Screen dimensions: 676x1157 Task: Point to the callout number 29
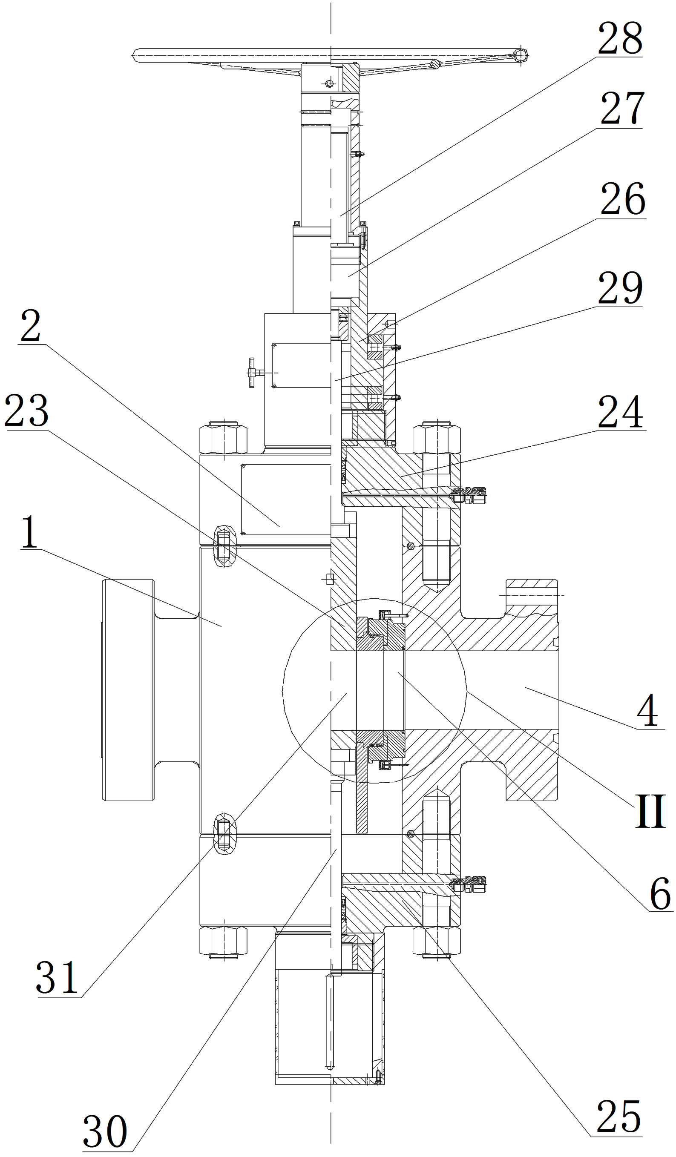pyautogui.click(x=620, y=288)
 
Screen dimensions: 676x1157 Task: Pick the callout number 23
pyautogui.click(x=27, y=411)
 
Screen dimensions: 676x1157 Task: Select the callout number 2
pyautogui.click(x=30, y=326)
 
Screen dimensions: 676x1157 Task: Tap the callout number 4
pyautogui.click(x=647, y=711)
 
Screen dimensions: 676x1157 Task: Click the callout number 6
pyautogui.click(x=661, y=893)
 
